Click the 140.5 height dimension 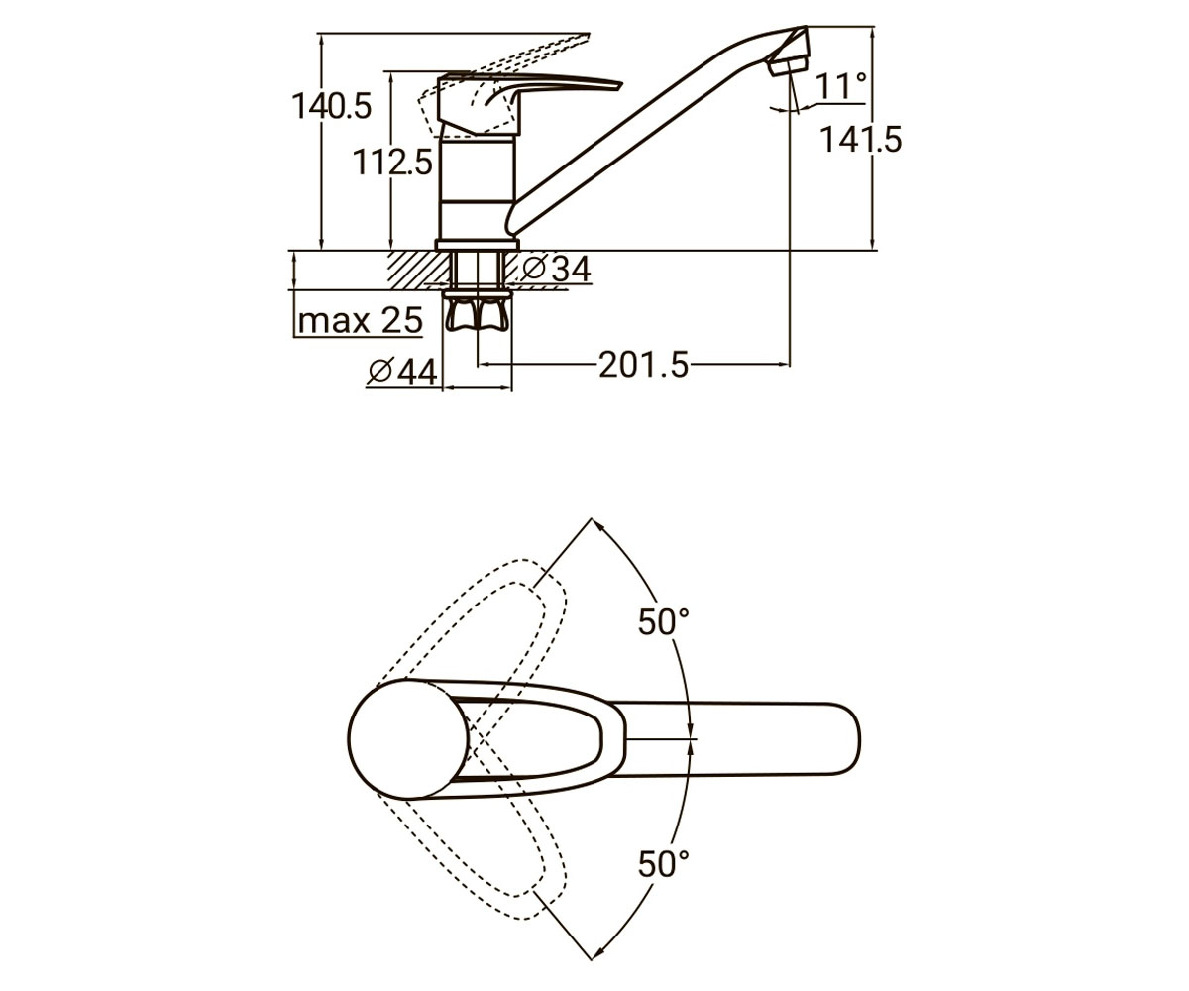pyautogui.click(x=331, y=106)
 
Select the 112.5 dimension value pyautogui.click(x=393, y=163)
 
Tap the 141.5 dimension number pyautogui.click(x=860, y=140)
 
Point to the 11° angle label pyautogui.click(x=840, y=86)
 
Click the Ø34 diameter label pyautogui.click(x=556, y=269)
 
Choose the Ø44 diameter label pyautogui.click(x=402, y=373)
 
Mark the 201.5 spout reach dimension pyautogui.click(x=643, y=365)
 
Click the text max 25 pyautogui.click(x=361, y=321)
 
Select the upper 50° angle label pyautogui.click(x=664, y=621)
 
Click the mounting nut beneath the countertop pyautogui.click(x=478, y=312)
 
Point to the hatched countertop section pyautogui.click(x=418, y=270)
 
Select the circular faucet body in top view pyautogui.click(x=408, y=739)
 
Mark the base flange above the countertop pyautogui.click(x=478, y=245)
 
